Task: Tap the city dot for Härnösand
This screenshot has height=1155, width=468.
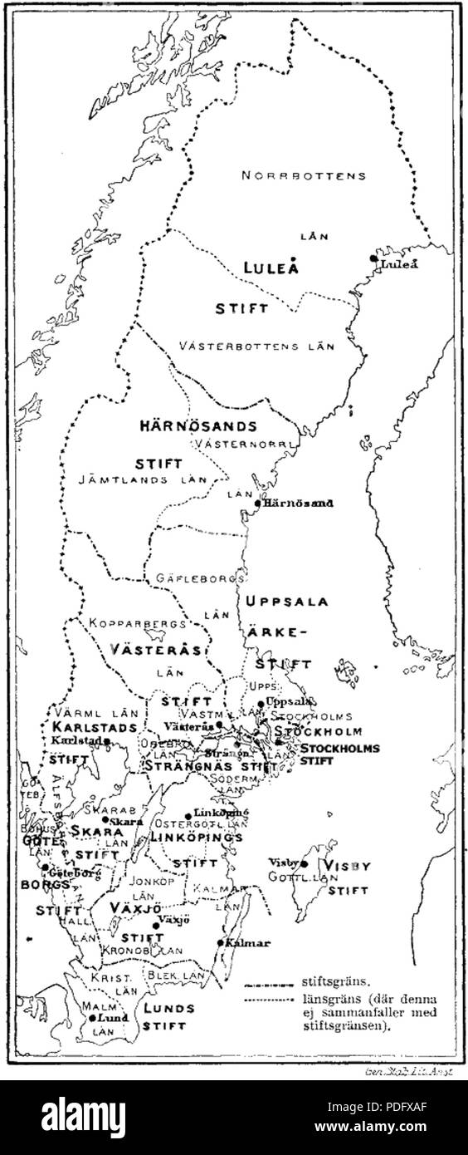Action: (x=258, y=503)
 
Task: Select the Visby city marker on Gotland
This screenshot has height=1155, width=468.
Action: (x=305, y=864)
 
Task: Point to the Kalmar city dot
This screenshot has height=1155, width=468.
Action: (x=219, y=942)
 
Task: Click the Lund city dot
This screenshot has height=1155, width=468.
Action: (x=93, y=1016)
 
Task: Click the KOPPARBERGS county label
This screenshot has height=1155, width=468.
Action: (x=123, y=622)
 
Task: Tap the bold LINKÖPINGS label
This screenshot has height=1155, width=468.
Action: (x=196, y=837)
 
